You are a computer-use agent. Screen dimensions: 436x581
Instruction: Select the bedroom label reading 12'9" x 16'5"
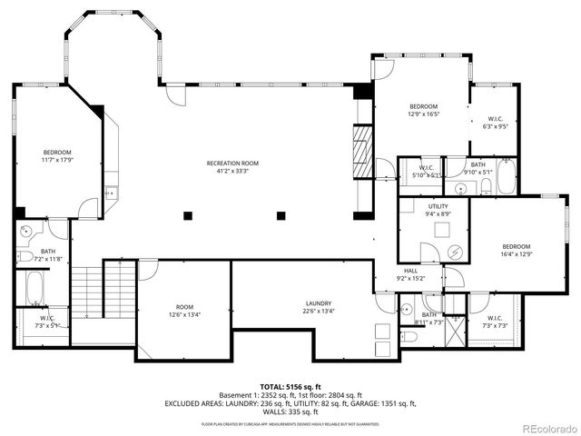423,110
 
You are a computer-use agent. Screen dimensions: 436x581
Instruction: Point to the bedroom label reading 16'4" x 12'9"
516,250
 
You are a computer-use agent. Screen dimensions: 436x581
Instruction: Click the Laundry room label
318,307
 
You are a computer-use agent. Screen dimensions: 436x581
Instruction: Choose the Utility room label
438,211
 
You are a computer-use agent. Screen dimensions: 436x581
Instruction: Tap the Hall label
410,274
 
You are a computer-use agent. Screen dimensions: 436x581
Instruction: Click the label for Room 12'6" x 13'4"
184,311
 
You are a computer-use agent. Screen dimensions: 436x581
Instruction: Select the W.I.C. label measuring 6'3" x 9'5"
495,124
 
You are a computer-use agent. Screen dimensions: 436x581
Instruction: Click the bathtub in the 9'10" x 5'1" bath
505,178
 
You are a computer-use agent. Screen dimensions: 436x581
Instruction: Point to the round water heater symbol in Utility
455,252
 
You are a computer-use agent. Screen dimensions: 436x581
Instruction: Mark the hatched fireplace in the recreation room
362,143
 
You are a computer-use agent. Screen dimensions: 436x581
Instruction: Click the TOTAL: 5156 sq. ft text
290,387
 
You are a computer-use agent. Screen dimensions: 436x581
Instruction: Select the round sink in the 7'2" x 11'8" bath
26,231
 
